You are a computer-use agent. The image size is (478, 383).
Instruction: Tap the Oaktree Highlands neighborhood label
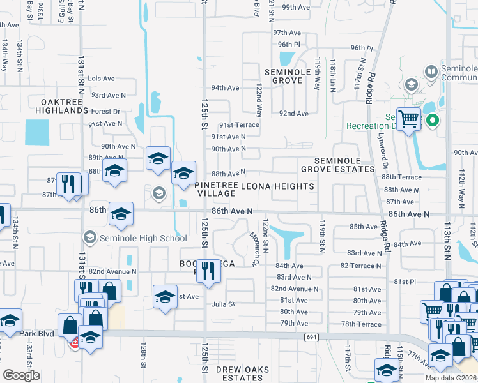click(64, 106)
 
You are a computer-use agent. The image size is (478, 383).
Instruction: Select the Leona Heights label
click(277, 186)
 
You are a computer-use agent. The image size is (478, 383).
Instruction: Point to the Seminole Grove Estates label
click(337, 165)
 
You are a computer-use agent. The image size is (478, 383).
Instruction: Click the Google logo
click(21, 375)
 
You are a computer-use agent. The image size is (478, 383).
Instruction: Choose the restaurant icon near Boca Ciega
click(208, 271)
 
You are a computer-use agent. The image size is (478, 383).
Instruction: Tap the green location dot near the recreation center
click(433, 119)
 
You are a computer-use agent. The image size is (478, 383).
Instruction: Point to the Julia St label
click(224, 304)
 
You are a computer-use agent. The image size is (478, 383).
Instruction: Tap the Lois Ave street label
click(101, 79)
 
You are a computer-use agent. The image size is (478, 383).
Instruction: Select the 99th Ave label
click(295, 7)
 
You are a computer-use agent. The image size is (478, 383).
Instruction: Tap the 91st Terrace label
click(239, 125)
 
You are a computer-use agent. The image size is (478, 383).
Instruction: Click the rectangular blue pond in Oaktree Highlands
click(36, 132)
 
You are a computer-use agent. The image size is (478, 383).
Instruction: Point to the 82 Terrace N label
click(361, 265)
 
